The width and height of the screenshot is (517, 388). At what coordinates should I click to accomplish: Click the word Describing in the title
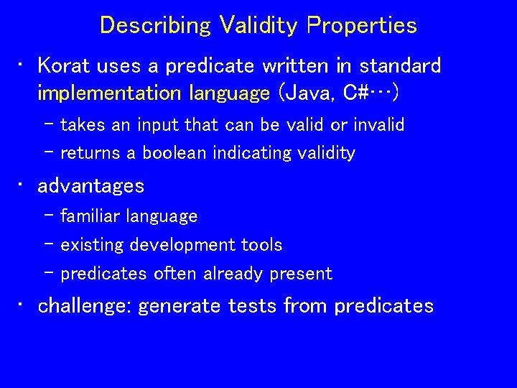(x=155, y=25)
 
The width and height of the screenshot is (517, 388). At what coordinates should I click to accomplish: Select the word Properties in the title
(x=362, y=25)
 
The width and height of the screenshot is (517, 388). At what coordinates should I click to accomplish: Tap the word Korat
(x=64, y=65)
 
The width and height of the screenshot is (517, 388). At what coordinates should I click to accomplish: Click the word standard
(x=400, y=65)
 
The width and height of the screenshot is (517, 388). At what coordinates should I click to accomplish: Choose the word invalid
(x=379, y=124)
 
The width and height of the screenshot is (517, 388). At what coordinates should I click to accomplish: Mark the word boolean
(x=174, y=153)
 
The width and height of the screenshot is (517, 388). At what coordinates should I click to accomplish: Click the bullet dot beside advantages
(x=20, y=185)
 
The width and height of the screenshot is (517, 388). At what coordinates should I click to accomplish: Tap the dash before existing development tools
(x=49, y=244)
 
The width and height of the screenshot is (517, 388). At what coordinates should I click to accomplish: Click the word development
(x=182, y=245)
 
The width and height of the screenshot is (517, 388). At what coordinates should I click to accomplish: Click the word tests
(x=252, y=306)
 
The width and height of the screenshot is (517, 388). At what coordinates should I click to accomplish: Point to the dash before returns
(x=49, y=152)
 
